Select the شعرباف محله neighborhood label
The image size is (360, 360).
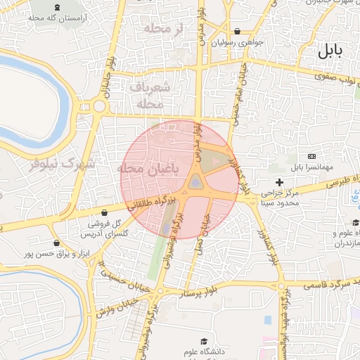tap(150, 94)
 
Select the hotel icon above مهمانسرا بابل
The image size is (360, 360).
tap(311, 156)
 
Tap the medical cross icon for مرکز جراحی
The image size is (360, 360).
tap(279, 182)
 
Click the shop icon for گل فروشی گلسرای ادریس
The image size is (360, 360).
tap(105, 212)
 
